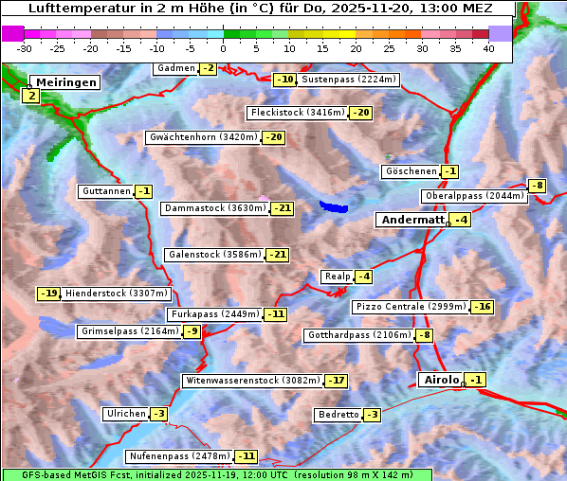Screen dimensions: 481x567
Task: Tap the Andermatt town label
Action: pos(412,220)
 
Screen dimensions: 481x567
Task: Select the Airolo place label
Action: pos(441,380)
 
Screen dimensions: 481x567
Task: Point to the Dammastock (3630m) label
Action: pos(214,208)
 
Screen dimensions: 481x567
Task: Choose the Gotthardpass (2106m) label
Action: pos(358,335)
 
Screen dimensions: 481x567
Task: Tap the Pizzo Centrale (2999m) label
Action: pos(411,307)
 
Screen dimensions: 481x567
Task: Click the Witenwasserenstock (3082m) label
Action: pos(252,381)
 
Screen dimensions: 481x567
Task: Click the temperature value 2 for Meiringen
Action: pos(31,96)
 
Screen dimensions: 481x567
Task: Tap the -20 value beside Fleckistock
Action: pos(360,113)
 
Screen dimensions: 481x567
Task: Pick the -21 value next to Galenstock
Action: pos(277,255)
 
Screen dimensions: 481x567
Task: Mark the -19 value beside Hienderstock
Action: pos(48,294)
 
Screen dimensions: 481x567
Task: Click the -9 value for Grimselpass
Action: pos(192,331)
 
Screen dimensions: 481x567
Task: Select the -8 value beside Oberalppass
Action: pos(537,186)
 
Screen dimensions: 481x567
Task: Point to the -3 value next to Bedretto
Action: pos(372,415)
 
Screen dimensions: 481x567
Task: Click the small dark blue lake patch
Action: pos(334,205)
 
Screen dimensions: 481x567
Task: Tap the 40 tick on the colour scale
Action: pos(488,47)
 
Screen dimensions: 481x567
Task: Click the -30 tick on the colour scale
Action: pos(24,47)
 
